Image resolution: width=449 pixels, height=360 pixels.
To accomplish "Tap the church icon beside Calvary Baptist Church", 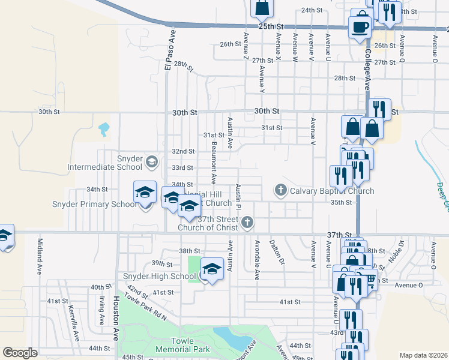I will pyautogui.click(x=280, y=190).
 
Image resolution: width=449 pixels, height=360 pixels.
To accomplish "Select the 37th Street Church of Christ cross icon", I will pyautogui.click(x=247, y=223).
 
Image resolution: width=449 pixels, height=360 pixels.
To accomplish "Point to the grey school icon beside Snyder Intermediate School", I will pyautogui.click(x=152, y=161).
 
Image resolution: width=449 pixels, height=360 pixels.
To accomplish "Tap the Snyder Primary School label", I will pyautogui.click(x=103, y=204).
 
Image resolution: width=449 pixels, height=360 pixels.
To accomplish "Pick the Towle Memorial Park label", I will pyautogui.click(x=174, y=345).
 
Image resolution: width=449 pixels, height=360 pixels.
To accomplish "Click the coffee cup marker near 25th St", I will pyautogui.click(x=360, y=26).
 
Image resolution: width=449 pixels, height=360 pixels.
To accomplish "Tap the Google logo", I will pyautogui.click(x=20, y=353).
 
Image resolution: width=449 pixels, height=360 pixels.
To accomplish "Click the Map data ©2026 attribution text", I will pyautogui.click(x=424, y=355).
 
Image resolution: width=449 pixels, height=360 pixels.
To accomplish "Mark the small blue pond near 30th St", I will pyautogui.click(x=104, y=128).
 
